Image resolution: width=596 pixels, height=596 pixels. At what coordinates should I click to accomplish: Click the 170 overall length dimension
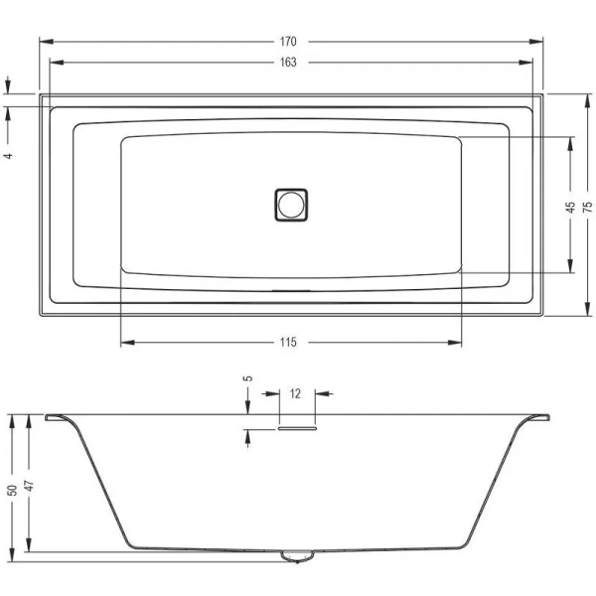click(x=289, y=42)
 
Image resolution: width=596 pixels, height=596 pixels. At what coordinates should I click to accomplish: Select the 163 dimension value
click(x=289, y=62)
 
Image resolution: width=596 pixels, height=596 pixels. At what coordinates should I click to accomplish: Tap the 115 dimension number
click(x=288, y=343)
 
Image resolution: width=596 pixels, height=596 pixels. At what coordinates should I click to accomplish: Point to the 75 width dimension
click(x=587, y=206)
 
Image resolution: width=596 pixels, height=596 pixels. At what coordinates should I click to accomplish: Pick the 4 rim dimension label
click(x=8, y=156)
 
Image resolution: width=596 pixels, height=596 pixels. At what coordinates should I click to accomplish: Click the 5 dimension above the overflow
click(x=248, y=378)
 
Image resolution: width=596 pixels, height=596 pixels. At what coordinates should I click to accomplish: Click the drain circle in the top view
click(x=291, y=205)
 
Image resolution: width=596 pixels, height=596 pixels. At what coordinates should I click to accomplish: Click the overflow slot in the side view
click(x=295, y=429)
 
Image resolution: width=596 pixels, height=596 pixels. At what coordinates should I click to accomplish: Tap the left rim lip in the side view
click(x=58, y=417)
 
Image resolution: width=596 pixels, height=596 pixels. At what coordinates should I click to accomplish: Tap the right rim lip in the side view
click(x=535, y=417)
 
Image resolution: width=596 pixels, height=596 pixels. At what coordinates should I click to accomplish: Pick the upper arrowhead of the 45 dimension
click(x=570, y=140)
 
